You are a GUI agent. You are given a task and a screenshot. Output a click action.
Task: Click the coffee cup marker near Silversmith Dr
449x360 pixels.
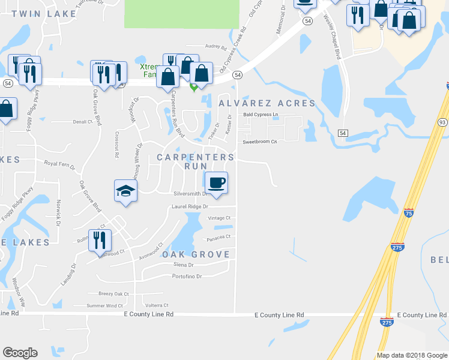coord(216,183)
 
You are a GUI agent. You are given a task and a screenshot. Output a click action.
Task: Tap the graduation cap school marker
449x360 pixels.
coord(126,191)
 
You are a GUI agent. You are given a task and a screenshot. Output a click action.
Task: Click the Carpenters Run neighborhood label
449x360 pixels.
coord(195,161)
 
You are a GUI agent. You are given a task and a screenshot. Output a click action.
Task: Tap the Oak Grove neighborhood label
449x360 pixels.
coord(196,254)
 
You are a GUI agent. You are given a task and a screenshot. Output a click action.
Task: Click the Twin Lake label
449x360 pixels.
coord(44,13)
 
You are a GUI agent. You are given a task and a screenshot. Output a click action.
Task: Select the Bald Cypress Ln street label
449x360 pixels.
coord(261,114)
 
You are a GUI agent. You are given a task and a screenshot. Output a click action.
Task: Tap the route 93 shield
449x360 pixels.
coord(442,122)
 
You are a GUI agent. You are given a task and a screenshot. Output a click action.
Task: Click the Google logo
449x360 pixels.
coord(20,353)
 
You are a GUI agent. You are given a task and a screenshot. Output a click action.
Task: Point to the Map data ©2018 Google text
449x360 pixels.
coord(411,355)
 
